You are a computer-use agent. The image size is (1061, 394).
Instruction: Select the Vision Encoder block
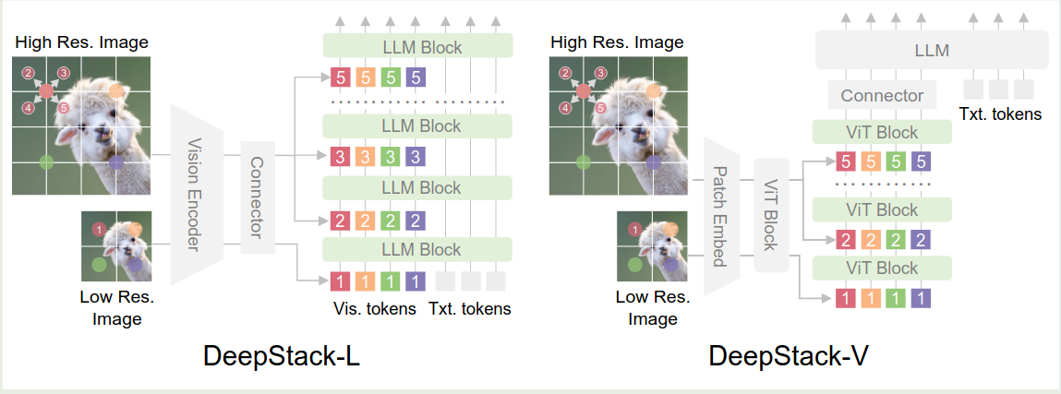coord(195,196)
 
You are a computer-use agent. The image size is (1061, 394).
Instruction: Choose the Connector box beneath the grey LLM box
coord(882,95)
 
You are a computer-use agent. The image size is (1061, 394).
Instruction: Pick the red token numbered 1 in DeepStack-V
coord(845,297)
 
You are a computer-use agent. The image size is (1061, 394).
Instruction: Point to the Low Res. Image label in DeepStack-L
coord(116,308)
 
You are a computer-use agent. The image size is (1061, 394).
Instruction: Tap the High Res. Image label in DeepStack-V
coord(617,42)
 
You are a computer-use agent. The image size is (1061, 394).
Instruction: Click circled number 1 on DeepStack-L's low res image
coord(98,229)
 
